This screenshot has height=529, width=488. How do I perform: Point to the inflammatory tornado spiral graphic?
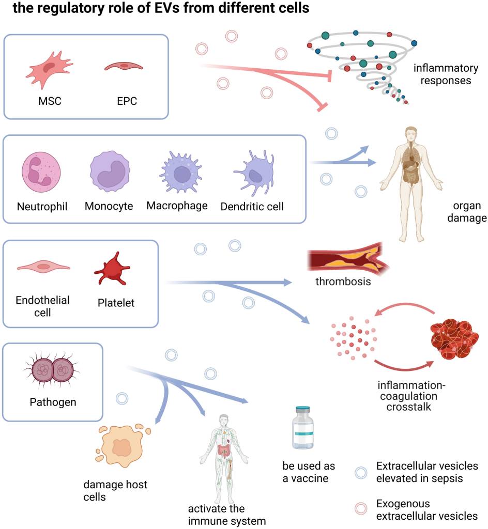[x=362, y=62]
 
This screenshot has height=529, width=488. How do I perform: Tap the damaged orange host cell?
[x=122, y=445]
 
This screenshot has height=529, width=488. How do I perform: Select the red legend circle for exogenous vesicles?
[x=361, y=509]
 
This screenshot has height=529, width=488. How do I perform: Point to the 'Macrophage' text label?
[x=177, y=206]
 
